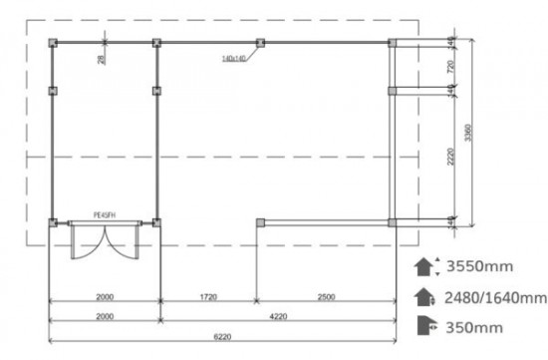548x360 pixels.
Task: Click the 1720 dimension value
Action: tap(206, 297)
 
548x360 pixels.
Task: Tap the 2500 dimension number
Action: tap(325, 297)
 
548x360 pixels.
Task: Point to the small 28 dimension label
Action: tap(102, 61)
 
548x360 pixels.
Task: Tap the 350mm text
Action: tap(474, 326)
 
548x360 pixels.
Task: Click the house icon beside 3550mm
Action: tap(422, 267)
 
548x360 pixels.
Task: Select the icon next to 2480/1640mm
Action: tap(422, 297)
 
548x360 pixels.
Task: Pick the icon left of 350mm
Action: tap(422, 325)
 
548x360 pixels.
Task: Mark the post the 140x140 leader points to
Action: tap(260, 43)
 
